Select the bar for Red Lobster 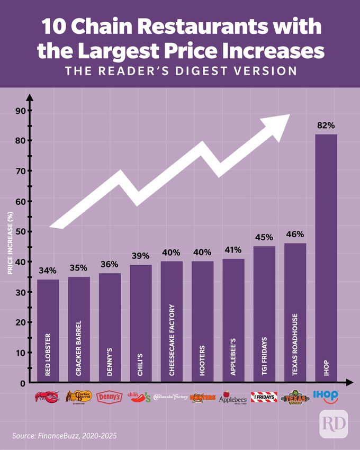click(x=48, y=328)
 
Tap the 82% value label click(x=326, y=125)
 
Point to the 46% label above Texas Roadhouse click(x=295, y=234)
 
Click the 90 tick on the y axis click(x=20, y=111)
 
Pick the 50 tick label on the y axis click(x=20, y=231)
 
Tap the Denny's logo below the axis click(x=110, y=397)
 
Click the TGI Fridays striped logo click(x=264, y=397)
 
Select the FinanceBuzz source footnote click(x=64, y=435)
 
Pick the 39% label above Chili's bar click(x=141, y=256)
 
